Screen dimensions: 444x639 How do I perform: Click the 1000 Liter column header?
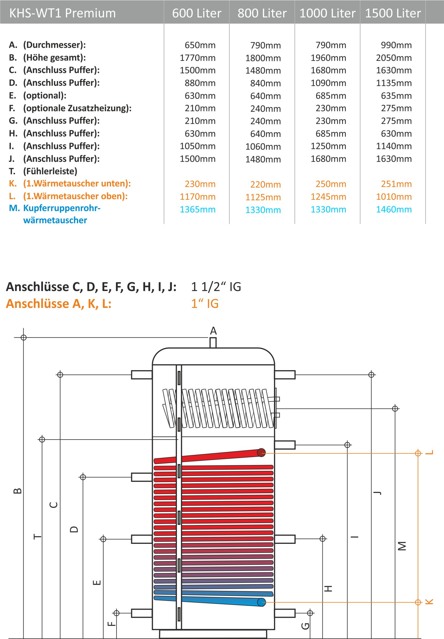pyautogui.click(x=327, y=13)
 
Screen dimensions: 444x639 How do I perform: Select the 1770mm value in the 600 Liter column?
pyautogui.click(x=198, y=58)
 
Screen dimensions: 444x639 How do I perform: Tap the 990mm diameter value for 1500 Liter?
pyautogui.click(x=396, y=45)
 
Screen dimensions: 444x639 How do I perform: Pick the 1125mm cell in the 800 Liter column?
pyautogui.click(x=263, y=197)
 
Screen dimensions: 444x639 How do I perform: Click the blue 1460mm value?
pyautogui.click(x=394, y=209)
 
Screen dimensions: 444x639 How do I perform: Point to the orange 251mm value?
pyautogui.click(x=396, y=184)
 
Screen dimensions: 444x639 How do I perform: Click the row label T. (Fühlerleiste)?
pyautogui.click(x=43, y=171)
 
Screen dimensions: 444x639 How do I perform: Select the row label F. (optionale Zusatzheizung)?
pyautogui.click(x=70, y=108)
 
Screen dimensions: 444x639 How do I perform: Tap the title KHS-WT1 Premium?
pyautogui.click(x=63, y=13)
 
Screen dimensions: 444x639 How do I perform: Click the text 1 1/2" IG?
pyautogui.click(x=216, y=287)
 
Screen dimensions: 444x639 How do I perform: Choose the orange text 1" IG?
pyautogui.click(x=205, y=303)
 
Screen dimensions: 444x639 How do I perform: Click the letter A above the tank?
pyautogui.click(x=213, y=331)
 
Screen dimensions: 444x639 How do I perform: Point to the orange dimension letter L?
pyautogui.click(x=430, y=452)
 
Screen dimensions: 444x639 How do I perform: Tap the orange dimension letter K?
pyautogui.click(x=430, y=602)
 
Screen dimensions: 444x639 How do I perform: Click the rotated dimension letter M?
pyautogui.click(x=402, y=546)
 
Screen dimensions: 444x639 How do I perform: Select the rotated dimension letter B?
pyautogui.click(x=17, y=491)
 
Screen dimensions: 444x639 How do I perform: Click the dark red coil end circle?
pyautogui.click(x=261, y=453)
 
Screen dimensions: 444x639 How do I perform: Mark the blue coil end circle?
pyautogui.click(x=262, y=602)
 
